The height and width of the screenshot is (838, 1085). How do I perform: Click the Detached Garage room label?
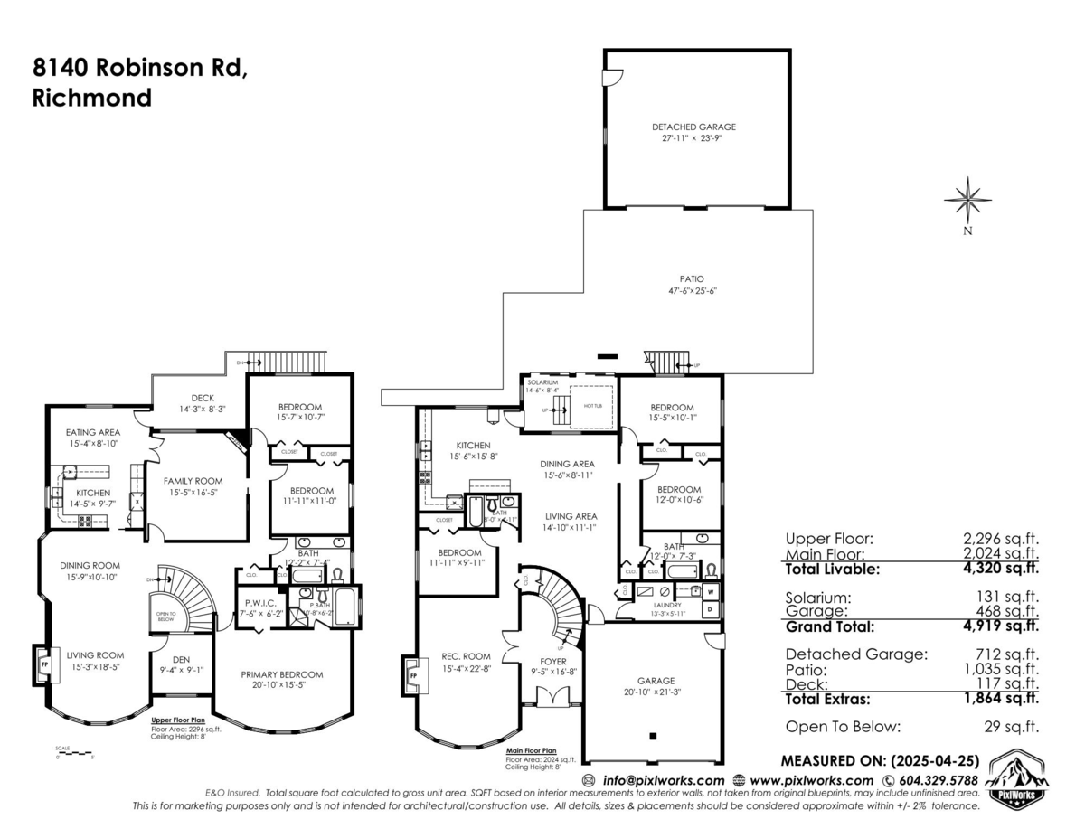(693, 127)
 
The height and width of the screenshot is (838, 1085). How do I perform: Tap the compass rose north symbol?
(967, 200)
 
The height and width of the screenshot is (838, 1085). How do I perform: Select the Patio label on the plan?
(693, 279)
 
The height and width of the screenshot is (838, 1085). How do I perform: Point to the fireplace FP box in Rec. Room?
(413, 675)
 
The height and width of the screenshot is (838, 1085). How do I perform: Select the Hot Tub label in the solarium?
(594, 407)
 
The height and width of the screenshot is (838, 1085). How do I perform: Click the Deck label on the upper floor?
(203, 398)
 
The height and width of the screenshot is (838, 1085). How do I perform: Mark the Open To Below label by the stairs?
(165, 616)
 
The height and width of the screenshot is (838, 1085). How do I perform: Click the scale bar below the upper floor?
(73, 752)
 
